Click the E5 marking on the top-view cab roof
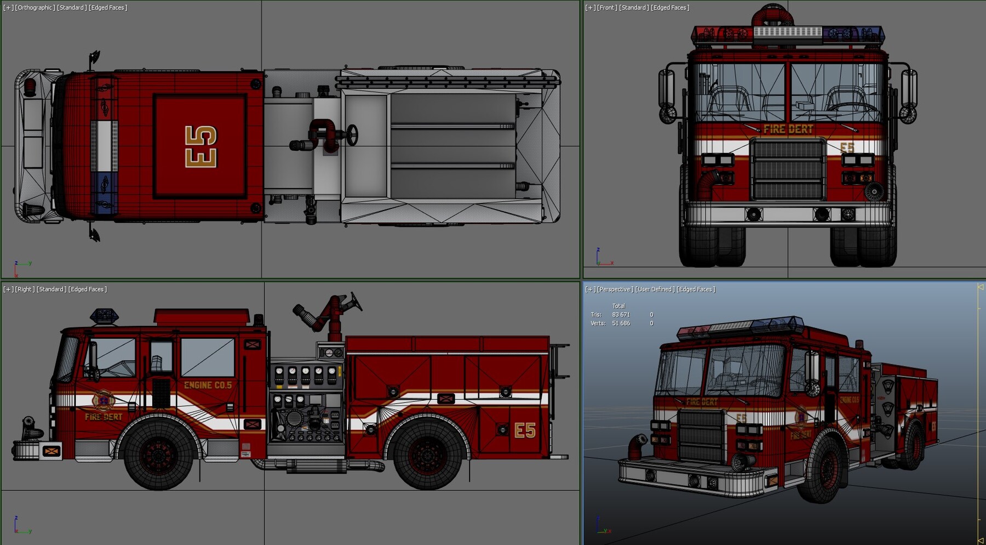point(201,146)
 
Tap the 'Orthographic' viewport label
point(36,8)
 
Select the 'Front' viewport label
point(606,8)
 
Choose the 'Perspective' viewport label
point(615,289)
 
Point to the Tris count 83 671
point(621,315)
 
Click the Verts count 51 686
point(621,323)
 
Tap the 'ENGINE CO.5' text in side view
point(208,385)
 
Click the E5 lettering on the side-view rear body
point(524,430)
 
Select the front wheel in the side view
point(158,453)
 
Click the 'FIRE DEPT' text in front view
point(788,129)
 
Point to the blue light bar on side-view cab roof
point(104,315)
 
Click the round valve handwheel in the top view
point(352,135)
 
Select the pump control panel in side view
point(306,403)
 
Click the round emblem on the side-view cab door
point(103,401)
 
